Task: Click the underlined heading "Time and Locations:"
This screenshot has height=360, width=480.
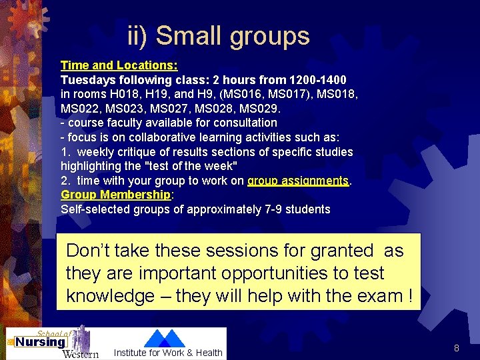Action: coord(119,65)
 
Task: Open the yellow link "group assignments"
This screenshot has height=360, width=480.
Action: coord(298,181)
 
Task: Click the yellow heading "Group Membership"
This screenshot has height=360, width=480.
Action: coord(116,195)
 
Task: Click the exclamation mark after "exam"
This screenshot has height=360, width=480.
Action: coord(408,296)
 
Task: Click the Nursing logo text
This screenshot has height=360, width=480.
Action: coord(41,342)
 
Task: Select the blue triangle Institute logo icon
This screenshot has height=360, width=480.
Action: coord(165,339)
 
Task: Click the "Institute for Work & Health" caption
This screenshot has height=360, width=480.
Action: coord(168,353)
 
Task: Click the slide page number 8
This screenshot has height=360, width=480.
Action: coord(457,348)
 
